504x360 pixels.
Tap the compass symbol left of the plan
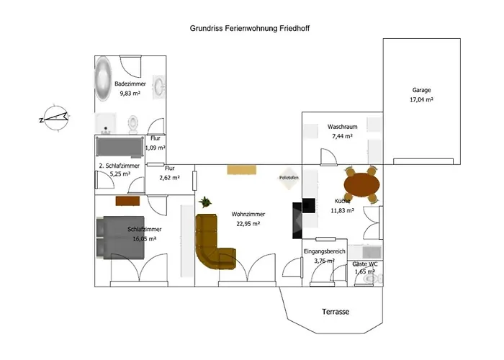tap(55, 117)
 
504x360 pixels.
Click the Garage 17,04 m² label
tap(421, 94)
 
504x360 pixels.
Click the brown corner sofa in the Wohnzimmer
tap(214, 241)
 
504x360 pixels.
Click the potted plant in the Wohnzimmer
tap(205, 203)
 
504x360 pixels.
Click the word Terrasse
tap(335, 312)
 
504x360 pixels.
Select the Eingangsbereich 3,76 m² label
tap(325, 256)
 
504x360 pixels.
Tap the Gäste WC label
tap(364, 268)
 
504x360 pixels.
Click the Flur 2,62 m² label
tap(170, 173)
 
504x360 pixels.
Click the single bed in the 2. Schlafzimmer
tap(119, 148)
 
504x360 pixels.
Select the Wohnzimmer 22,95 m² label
tap(248, 219)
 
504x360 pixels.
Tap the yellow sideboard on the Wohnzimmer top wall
tap(240, 169)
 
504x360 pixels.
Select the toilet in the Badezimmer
tap(131, 125)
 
